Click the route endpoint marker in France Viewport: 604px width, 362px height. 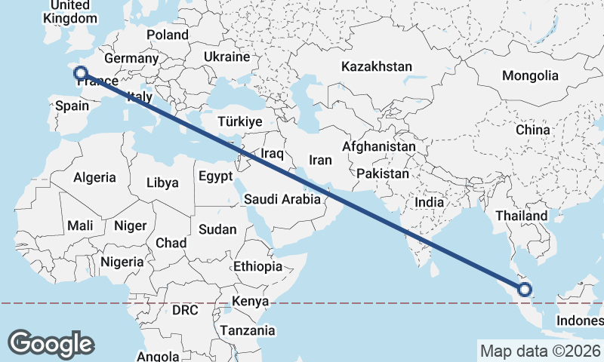tap(81, 73)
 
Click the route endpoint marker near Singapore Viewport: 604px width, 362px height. tap(525, 289)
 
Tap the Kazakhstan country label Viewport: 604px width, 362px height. tap(377, 66)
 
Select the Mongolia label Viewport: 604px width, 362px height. tap(530, 75)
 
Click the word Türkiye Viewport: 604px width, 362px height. tap(239, 121)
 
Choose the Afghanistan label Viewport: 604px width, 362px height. tap(379, 146)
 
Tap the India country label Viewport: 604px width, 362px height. tap(430, 202)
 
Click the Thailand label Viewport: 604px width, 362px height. tap(521, 216)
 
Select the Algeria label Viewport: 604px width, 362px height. tap(94, 177)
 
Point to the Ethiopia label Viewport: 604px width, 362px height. tap(257, 266)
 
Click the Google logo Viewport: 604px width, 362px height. tap(51, 343)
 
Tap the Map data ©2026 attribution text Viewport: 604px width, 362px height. tap(540, 351)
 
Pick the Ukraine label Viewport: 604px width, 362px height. tap(226, 57)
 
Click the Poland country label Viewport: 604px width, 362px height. tap(168, 35)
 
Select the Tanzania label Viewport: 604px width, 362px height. tap(248, 330)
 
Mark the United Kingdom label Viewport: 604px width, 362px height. tap(71, 12)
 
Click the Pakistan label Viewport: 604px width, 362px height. tap(383, 173)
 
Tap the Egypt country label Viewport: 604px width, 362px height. tap(217, 176)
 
